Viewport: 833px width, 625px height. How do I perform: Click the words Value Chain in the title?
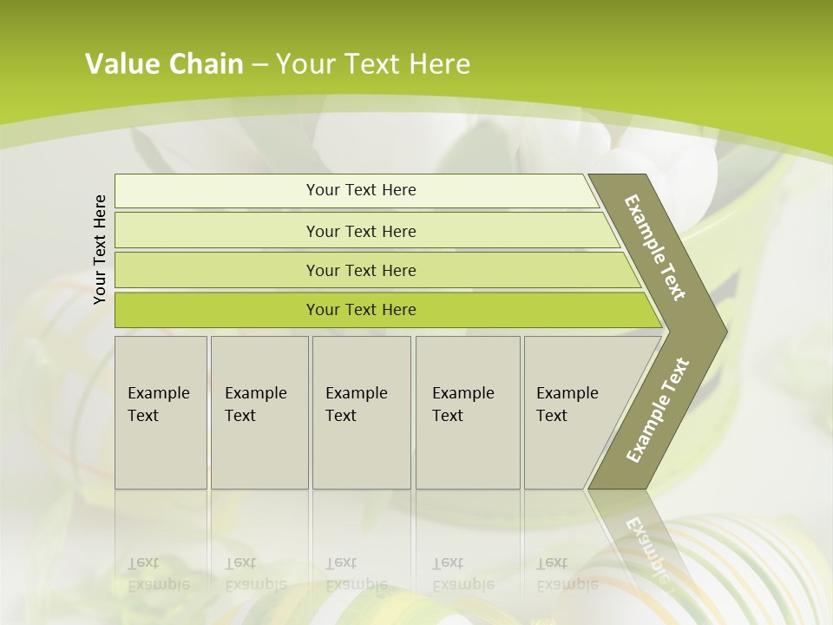click(x=164, y=64)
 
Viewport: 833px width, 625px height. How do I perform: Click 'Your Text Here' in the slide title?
click(x=373, y=64)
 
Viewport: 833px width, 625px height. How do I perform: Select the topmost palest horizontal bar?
click(x=217, y=191)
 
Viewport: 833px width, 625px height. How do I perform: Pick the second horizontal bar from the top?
click(x=217, y=231)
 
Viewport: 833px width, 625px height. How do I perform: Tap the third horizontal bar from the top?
click(x=217, y=271)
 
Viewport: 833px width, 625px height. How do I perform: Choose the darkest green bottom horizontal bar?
click(x=217, y=310)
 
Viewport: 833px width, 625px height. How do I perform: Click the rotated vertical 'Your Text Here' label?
click(x=100, y=250)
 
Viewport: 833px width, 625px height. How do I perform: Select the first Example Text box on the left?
click(x=161, y=412)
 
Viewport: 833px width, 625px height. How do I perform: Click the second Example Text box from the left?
click(x=259, y=412)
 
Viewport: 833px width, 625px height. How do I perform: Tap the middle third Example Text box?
click(x=361, y=412)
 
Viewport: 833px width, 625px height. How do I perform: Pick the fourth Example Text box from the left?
click(x=468, y=412)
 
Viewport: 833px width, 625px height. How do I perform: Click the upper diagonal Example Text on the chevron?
click(x=655, y=247)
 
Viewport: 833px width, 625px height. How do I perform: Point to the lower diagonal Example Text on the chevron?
click(x=657, y=410)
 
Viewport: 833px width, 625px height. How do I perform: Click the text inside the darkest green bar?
click(x=361, y=310)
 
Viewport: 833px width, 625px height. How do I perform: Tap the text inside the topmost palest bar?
click(x=361, y=190)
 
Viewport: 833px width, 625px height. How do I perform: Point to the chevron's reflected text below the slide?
click(x=646, y=547)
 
